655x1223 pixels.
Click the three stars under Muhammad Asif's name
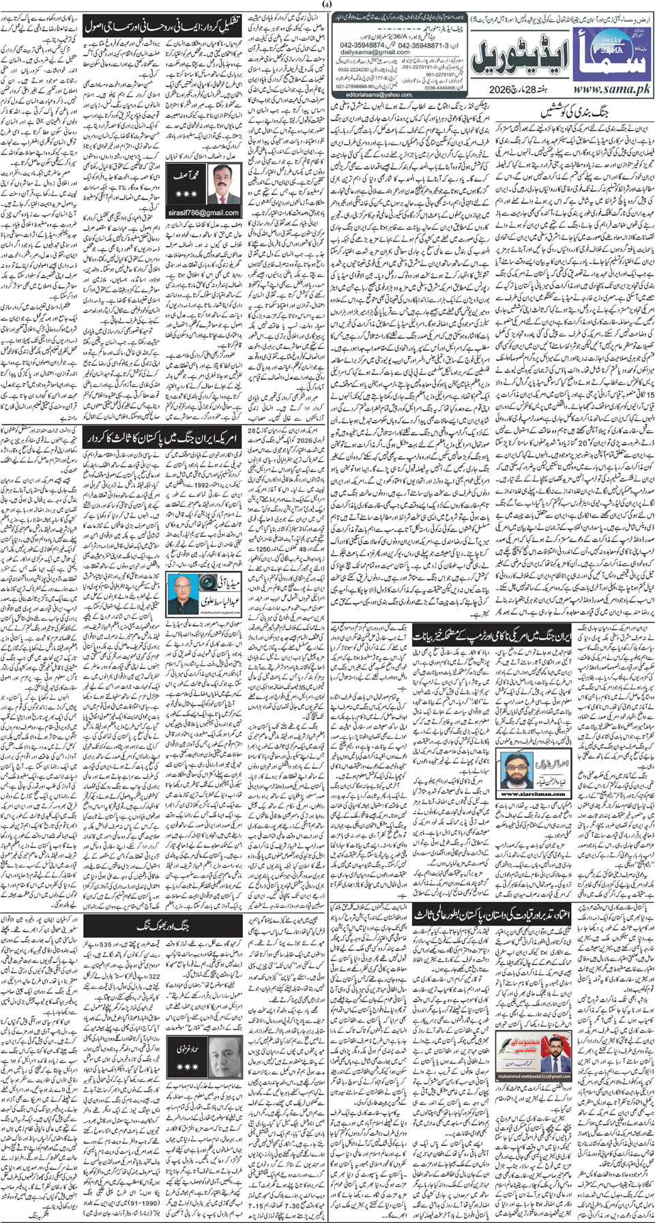click(186, 194)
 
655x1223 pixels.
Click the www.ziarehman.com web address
click(525, 794)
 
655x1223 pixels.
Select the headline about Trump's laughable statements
click(493, 638)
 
